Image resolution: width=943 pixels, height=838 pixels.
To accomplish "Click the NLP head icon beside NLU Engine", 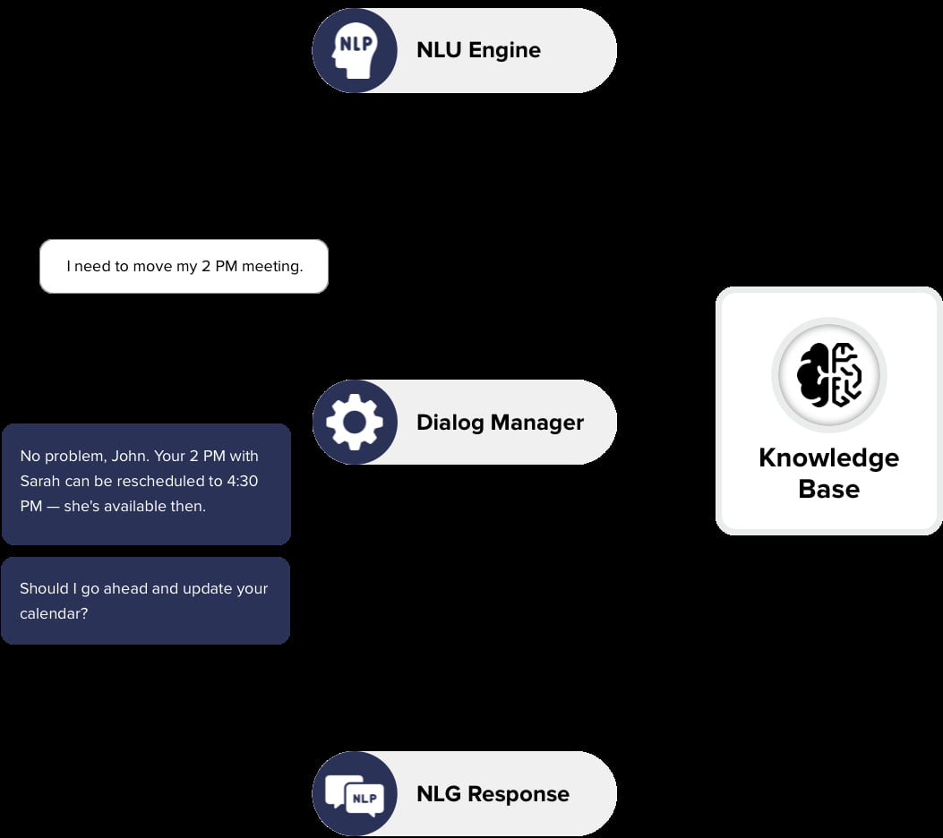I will click(x=355, y=50).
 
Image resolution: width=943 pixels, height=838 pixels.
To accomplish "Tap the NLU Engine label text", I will click(x=478, y=50).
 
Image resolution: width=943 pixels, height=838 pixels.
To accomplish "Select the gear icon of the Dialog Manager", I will click(x=355, y=422).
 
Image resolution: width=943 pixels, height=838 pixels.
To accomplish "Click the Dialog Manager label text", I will click(x=500, y=423).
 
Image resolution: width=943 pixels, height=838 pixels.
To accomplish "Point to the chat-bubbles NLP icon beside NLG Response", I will click(x=355, y=793).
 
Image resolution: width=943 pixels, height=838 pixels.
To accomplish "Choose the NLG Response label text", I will click(x=493, y=794).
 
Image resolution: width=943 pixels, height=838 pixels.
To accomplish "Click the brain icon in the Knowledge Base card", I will click(x=828, y=375).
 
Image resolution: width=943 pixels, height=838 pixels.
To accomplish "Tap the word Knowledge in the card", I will click(x=828, y=457).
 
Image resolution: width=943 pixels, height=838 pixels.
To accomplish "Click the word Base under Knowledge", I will click(x=828, y=489).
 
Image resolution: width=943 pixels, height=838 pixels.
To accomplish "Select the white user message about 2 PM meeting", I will click(x=184, y=266).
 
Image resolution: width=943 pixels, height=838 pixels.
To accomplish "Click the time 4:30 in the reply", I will click(x=242, y=481).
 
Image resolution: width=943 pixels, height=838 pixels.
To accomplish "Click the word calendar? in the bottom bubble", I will click(x=54, y=614).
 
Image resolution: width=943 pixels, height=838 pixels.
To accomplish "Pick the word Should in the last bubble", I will click(x=44, y=588).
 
